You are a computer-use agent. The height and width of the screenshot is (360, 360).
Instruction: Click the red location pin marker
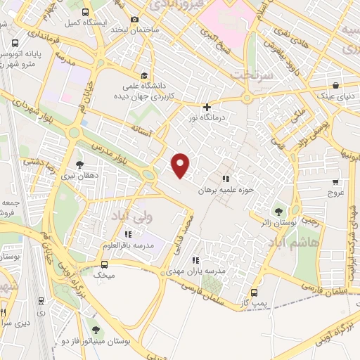(x=181, y=165)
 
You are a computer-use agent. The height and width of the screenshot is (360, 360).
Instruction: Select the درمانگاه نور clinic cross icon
(x=206, y=108)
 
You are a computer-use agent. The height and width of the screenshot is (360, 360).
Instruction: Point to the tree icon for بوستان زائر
(x=278, y=210)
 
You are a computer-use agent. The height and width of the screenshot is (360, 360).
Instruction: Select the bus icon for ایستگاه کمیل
(x=86, y=13)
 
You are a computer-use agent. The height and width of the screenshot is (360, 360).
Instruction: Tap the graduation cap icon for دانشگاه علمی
(x=144, y=76)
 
